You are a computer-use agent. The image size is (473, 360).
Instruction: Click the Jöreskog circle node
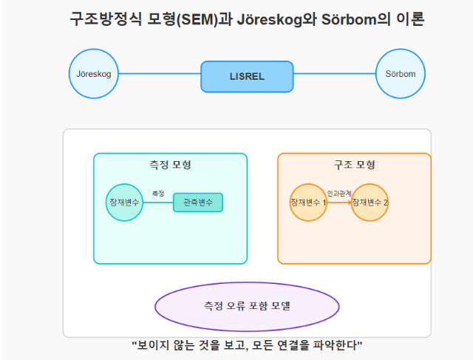94,74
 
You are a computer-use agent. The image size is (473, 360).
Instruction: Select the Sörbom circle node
401,74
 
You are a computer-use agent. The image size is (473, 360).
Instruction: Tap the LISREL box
247,77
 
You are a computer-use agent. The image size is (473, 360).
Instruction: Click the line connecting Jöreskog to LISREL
160,74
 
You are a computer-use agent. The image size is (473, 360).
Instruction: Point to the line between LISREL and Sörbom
335,74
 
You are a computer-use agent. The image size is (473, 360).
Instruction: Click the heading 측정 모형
171,165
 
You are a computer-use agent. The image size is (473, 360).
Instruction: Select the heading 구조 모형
355,165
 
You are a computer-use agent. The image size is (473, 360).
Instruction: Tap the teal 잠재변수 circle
124,203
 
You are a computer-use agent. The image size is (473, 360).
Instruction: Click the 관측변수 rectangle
198,203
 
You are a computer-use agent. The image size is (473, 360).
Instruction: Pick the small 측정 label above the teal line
158,194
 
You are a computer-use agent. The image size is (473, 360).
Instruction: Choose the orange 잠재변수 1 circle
308,203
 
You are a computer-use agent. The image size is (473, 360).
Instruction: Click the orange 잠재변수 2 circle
370,203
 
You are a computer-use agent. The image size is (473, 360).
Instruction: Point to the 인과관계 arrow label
339,194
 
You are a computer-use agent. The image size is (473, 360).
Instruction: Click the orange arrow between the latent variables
339,203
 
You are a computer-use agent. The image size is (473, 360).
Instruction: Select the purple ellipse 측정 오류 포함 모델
247,307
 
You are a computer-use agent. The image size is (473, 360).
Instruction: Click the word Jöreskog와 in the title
277,19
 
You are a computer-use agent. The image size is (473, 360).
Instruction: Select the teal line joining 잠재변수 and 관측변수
158,203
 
